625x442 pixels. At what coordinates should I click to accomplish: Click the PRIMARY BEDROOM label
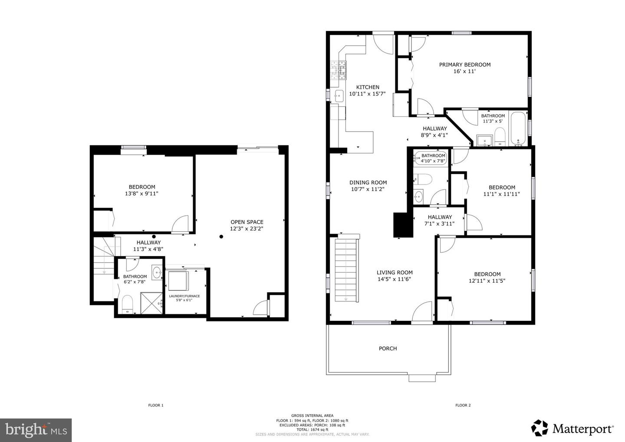click(465, 65)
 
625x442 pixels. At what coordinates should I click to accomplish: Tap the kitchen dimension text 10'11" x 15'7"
click(367, 94)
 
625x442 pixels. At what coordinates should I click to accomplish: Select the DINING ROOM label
click(368, 182)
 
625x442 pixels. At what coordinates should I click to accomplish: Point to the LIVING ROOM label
click(395, 272)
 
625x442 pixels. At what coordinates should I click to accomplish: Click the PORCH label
click(388, 348)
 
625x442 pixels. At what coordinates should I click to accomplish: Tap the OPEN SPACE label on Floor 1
click(247, 222)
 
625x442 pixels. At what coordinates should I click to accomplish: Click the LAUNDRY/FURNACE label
click(184, 296)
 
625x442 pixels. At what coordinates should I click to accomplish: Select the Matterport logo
click(572, 428)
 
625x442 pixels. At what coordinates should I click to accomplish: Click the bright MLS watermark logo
click(36, 430)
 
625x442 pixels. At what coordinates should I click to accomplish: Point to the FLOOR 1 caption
click(156, 405)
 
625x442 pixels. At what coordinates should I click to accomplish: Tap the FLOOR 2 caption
click(463, 405)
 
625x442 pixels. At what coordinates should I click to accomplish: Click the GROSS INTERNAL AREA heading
click(312, 416)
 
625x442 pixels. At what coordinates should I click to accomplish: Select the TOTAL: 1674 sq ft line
click(312, 430)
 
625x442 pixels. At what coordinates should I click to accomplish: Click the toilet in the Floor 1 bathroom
click(128, 304)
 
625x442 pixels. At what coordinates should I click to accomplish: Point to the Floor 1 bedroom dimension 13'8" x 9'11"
click(141, 194)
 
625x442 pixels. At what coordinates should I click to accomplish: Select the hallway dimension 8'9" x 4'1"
click(434, 135)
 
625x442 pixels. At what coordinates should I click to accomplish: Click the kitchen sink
click(339, 96)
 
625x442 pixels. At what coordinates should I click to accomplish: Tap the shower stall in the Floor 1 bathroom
click(151, 303)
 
